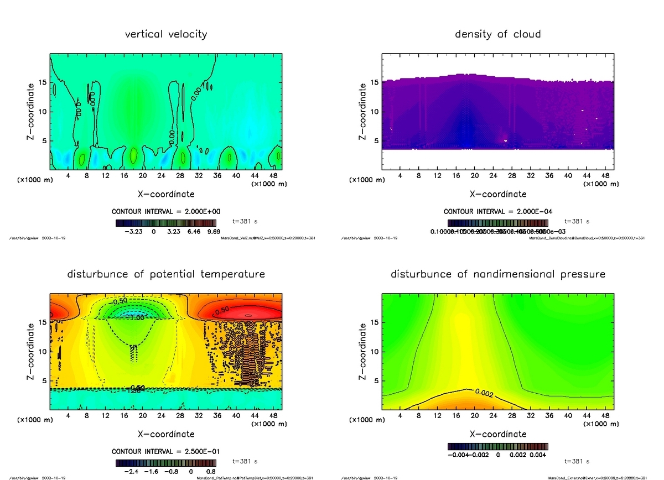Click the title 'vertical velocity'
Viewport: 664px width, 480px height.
click(x=166, y=34)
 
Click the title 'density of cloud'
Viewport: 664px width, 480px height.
click(x=497, y=34)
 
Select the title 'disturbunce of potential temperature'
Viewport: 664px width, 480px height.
click(x=166, y=274)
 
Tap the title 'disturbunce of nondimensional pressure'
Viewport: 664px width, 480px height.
click(x=497, y=274)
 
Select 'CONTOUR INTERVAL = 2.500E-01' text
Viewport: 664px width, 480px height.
click(x=166, y=452)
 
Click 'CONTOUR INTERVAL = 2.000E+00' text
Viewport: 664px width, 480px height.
click(x=166, y=212)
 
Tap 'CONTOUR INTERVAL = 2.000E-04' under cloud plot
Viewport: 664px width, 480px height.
click(x=497, y=212)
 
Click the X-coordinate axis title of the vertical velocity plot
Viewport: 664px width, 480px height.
click(x=166, y=194)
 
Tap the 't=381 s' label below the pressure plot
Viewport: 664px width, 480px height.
click(x=577, y=461)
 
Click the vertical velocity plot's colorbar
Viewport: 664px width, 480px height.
click(x=166, y=223)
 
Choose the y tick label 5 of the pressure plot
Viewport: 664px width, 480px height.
click(x=377, y=380)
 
